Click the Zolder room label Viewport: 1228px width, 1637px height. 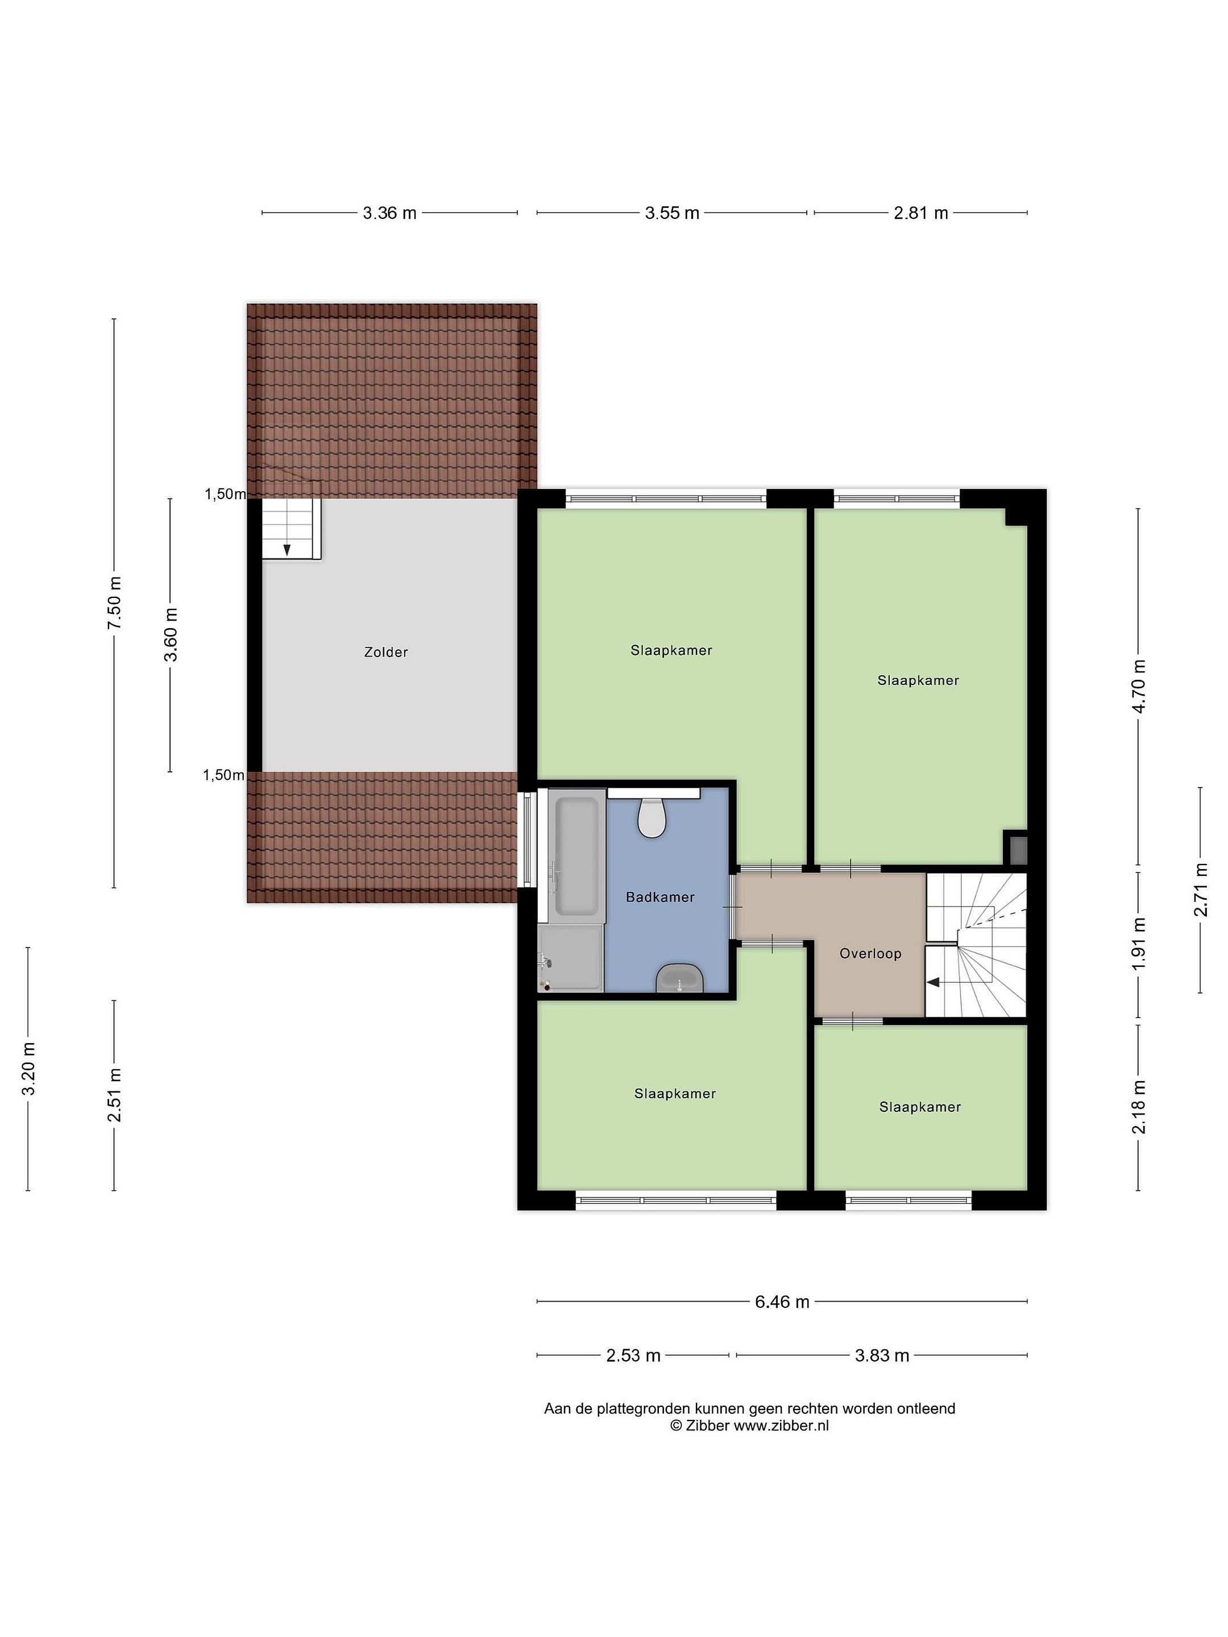point(385,652)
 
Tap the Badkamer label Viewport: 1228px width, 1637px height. point(660,897)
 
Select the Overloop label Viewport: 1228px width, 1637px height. point(870,954)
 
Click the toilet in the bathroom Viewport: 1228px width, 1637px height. point(652,817)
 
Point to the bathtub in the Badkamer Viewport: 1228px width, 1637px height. point(576,855)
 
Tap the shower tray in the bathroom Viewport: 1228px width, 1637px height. point(571,958)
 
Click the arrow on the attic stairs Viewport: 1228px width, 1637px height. point(287,549)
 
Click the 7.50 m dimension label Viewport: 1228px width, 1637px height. point(114,603)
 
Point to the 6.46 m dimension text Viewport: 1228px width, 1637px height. point(782,1323)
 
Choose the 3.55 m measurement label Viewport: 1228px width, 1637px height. point(672,213)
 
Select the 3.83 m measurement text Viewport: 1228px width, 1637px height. point(882,1377)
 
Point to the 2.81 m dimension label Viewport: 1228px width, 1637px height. point(921,213)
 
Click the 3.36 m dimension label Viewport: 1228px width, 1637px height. point(389,213)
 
